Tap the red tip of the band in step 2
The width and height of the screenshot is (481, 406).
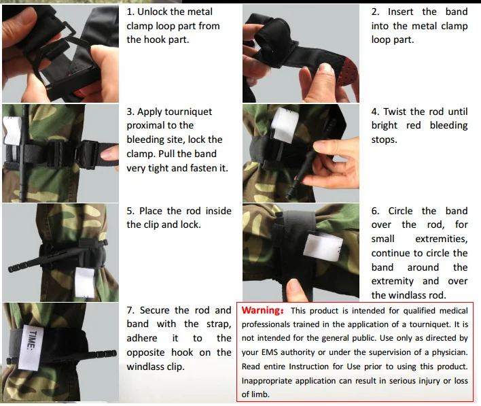[x=347, y=71]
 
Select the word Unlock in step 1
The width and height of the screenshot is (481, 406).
[x=152, y=12]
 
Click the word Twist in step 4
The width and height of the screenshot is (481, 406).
[x=395, y=112]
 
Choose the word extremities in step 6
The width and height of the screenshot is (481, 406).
[x=442, y=239]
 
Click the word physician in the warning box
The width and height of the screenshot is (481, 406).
[x=450, y=352]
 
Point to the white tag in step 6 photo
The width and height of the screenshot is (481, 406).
[x=323, y=247]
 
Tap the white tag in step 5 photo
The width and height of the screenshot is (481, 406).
[x=85, y=282]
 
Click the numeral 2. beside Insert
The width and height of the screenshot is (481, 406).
[x=376, y=12]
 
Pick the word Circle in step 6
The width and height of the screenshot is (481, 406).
[x=400, y=211]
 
